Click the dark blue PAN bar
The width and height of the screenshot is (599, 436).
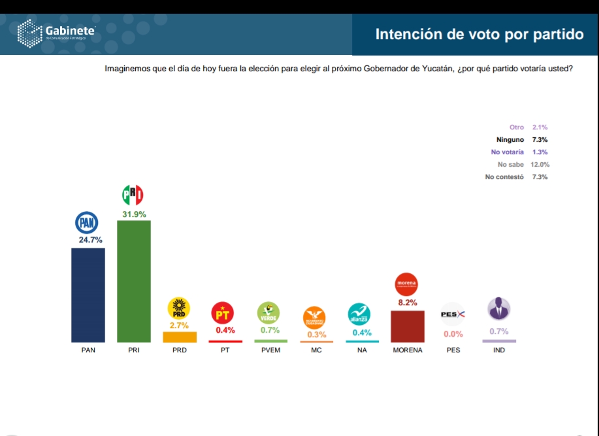coord(88,295)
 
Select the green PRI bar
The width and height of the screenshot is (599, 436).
coord(134,281)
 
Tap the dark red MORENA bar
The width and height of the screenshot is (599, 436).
coord(408,326)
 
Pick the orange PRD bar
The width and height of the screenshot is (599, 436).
coord(180,337)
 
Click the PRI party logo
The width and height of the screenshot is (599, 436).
coord(133,195)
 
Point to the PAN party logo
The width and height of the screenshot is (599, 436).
coord(87,224)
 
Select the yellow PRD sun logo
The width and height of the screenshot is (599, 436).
coord(179,308)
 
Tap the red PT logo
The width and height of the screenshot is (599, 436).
coord(225,313)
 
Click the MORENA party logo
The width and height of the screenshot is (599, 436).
coord(407,284)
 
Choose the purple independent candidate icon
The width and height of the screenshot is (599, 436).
coord(499,309)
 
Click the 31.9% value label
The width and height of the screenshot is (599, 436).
coord(134,214)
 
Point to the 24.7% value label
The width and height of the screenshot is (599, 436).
coord(90,240)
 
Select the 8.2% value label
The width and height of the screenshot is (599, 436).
coord(407,303)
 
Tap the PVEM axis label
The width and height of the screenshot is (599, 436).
coord(270,350)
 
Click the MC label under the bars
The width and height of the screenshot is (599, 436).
coord(316,350)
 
